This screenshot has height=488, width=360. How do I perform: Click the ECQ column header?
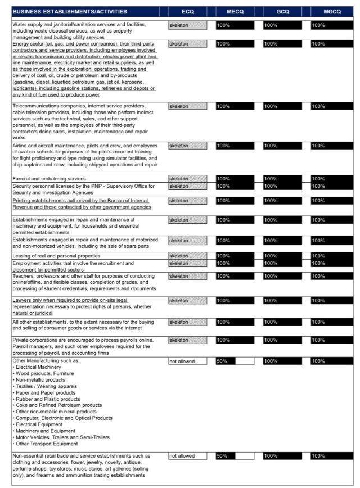click(188, 11)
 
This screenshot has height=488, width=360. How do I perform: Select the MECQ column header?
click(235, 11)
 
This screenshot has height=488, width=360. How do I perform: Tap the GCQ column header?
click(282, 11)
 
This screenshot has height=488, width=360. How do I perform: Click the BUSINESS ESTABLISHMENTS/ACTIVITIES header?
click(70, 11)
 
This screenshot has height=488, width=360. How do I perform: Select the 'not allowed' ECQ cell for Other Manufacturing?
click(187, 361)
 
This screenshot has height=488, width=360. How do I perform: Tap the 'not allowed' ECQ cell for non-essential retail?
click(187, 455)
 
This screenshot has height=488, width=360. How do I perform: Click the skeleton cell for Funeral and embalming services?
click(187, 179)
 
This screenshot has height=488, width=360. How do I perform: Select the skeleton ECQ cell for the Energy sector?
click(187, 43)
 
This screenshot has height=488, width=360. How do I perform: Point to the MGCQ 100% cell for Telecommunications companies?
click(331, 106)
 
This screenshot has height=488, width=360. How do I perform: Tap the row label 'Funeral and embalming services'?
click(49, 179)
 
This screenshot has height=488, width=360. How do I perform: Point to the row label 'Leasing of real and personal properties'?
click(56, 256)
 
